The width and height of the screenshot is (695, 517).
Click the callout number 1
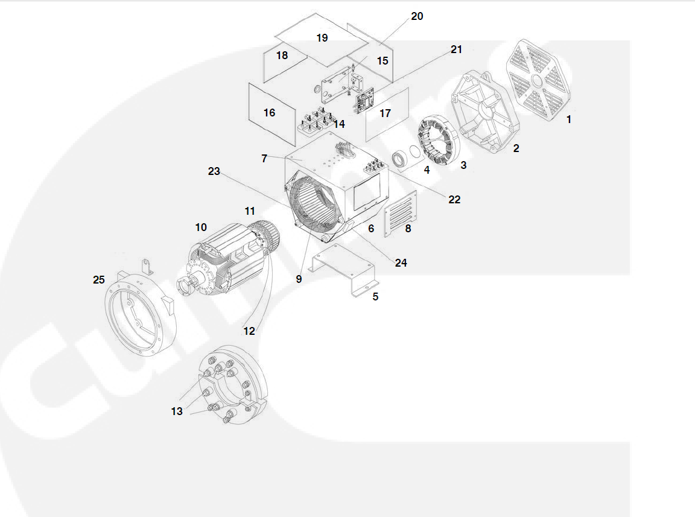tap(568, 119)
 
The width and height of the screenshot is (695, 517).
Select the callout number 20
tap(417, 16)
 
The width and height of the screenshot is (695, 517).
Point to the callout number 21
tap(456, 49)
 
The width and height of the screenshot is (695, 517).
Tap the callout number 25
tap(99, 280)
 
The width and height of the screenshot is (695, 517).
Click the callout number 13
tap(177, 411)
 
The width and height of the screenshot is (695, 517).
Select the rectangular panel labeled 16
tap(269, 113)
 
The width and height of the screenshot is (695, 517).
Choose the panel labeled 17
tap(386, 113)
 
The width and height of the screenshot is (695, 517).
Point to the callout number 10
tap(201, 227)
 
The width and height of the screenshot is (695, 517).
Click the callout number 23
tap(214, 171)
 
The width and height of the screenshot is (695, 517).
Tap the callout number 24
tap(401, 263)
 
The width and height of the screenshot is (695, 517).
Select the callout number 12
tap(249, 331)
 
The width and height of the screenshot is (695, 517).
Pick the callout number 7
tap(264, 159)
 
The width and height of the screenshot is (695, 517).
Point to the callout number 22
tap(454, 200)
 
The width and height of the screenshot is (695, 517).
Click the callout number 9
tap(299, 279)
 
